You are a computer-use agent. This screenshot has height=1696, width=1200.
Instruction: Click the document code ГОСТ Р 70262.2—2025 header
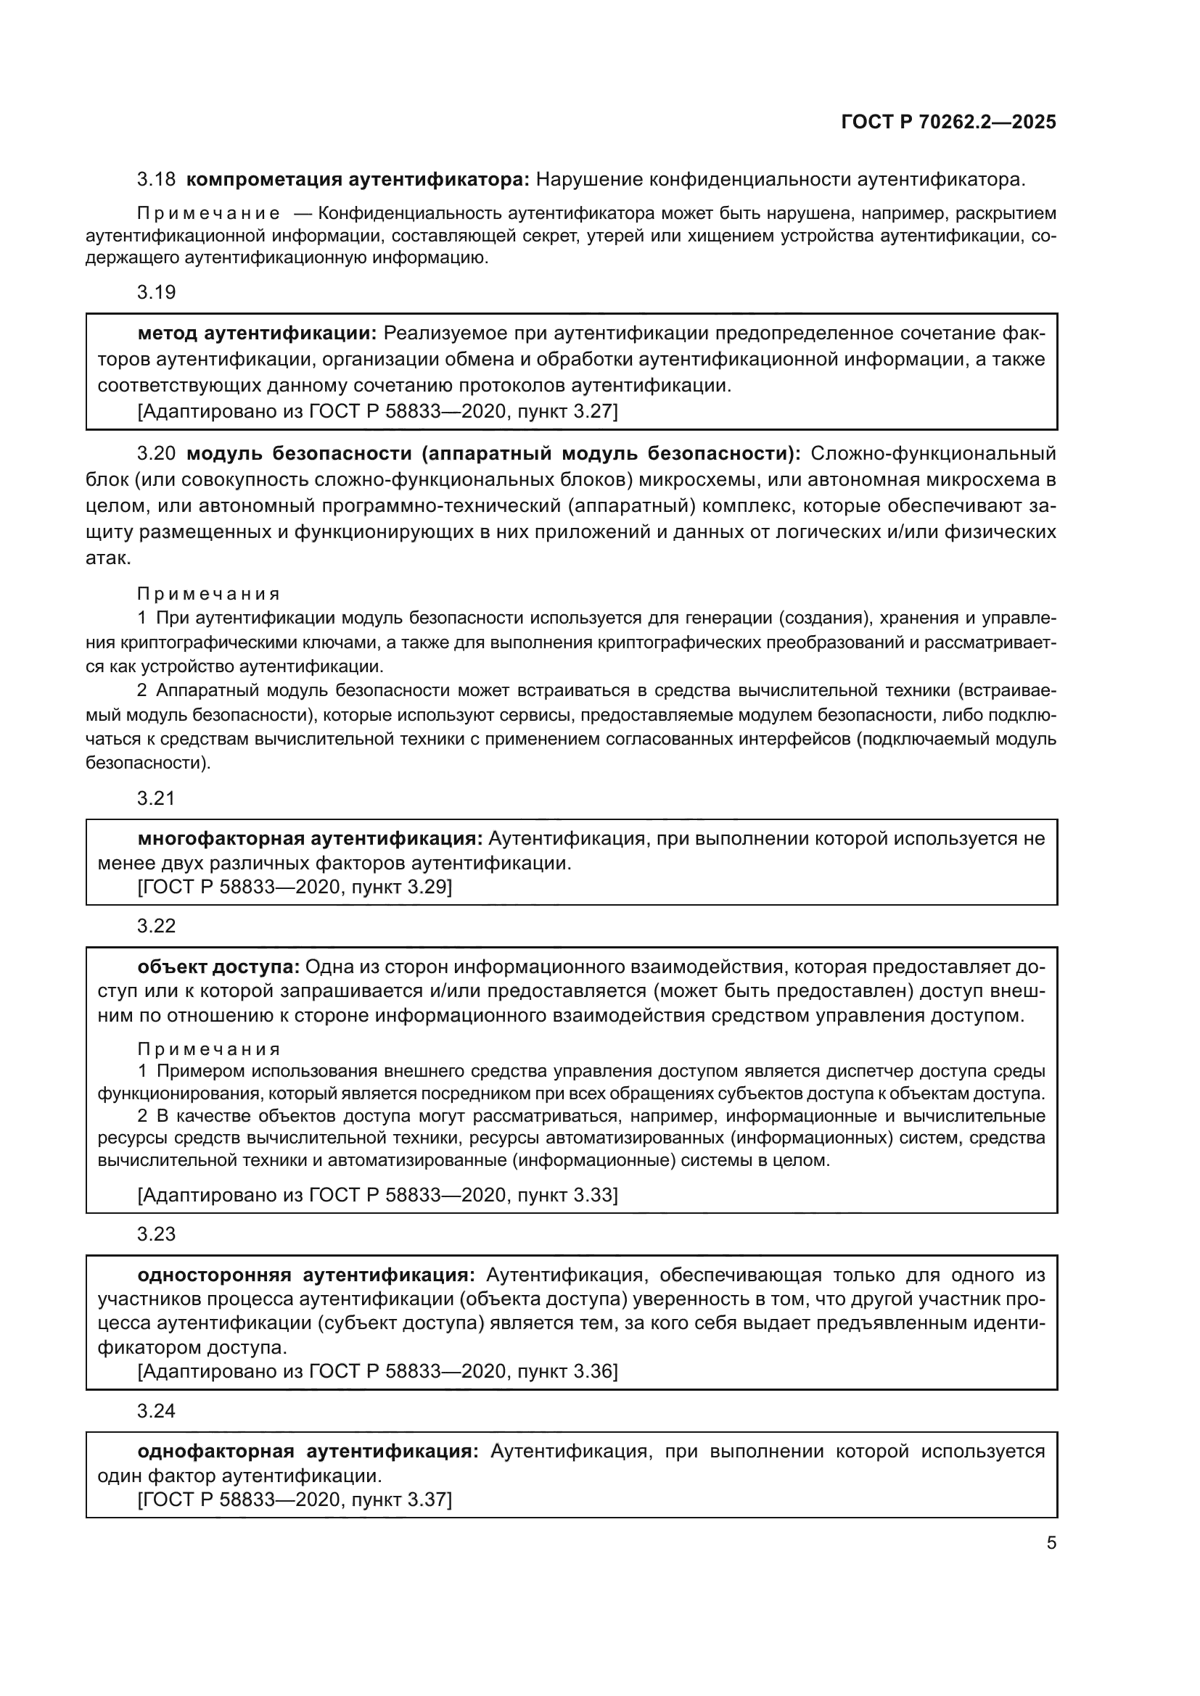948,123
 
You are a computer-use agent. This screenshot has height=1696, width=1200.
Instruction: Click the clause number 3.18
156,180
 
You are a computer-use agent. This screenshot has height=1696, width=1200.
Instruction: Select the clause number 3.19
156,292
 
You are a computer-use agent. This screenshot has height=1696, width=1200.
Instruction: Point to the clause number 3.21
156,798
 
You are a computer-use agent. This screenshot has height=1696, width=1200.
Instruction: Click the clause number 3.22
156,926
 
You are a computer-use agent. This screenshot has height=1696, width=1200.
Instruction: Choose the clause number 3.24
156,1411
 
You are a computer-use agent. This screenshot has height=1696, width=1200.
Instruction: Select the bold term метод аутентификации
257,334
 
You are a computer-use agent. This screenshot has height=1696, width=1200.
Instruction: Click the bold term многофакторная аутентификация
311,839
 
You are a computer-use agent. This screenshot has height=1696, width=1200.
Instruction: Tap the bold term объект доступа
218,967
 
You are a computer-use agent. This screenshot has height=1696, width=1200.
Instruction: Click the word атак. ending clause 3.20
108,558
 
